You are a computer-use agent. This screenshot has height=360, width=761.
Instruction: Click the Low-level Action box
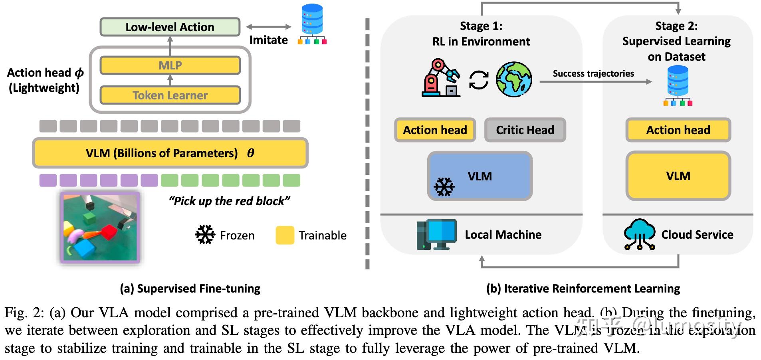(170, 27)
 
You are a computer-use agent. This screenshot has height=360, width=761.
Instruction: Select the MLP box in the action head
(170, 65)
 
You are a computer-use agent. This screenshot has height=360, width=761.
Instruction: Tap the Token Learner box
(170, 95)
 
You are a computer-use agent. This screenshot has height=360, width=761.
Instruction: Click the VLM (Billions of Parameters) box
(170, 153)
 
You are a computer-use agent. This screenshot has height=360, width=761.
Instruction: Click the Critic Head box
(525, 130)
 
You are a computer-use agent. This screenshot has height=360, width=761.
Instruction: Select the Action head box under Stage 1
(435, 130)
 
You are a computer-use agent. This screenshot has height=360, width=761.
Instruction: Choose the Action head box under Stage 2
(678, 130)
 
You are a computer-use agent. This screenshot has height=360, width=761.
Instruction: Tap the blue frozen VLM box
(480, 176)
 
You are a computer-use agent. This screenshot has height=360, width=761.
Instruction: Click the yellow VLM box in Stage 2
(678, 176)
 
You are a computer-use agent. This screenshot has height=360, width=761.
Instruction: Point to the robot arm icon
(440, 78)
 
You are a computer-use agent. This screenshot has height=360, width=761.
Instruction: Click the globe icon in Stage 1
(514, 79)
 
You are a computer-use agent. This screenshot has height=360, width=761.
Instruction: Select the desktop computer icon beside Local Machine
(436, 235)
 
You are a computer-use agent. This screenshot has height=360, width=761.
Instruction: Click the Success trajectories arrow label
(593, 74)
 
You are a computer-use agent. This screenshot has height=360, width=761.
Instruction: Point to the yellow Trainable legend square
(285, 235)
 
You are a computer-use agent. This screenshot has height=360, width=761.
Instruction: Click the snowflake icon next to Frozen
(205, 235)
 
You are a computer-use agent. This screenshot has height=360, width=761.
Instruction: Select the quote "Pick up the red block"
(229, 201)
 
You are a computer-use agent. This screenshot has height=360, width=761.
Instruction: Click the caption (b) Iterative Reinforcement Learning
(583, 289)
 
